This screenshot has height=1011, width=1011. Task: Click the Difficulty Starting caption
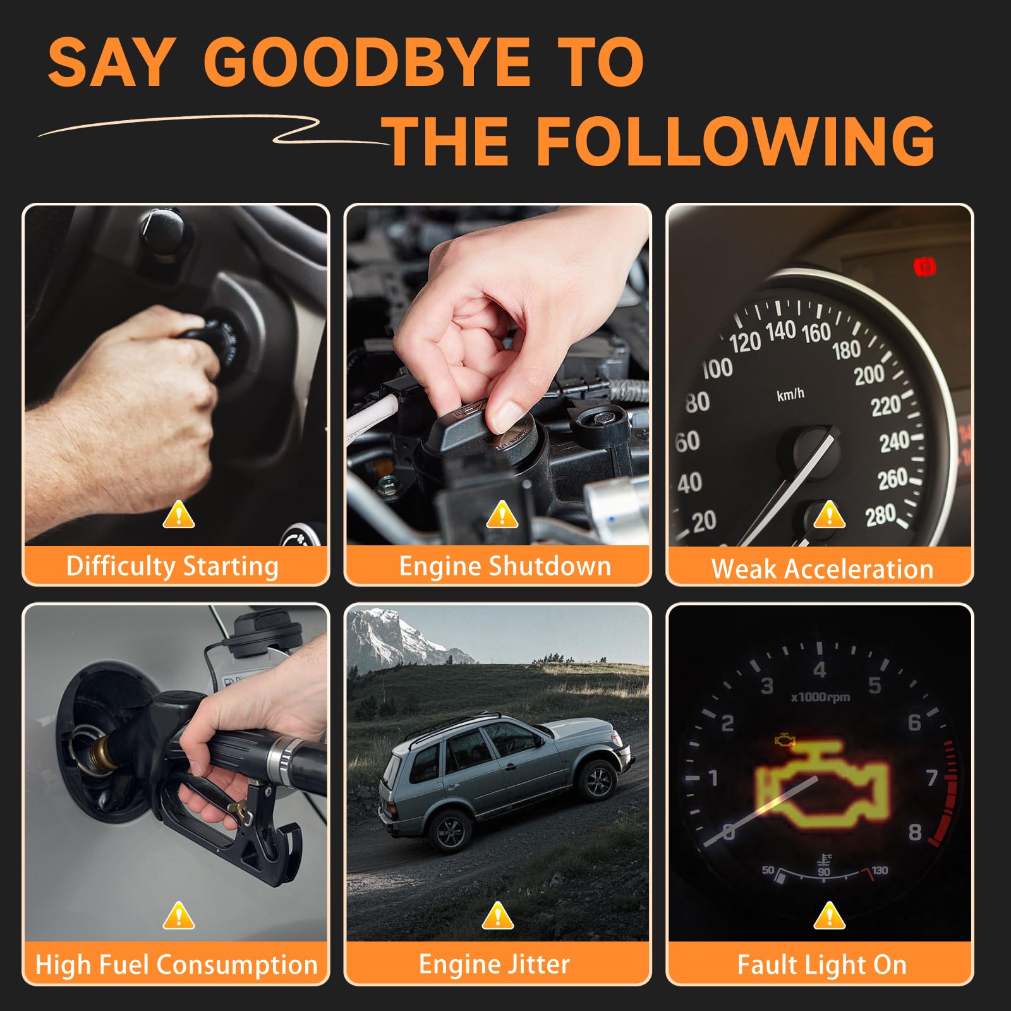click(x=173, y=566)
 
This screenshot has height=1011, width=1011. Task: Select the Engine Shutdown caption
click(x=505, y=566)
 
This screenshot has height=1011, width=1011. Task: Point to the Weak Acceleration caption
click(x=822, y=569)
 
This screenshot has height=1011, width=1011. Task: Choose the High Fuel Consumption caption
click(x=176, y=965)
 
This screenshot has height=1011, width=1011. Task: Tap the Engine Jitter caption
click(x=494, y=964)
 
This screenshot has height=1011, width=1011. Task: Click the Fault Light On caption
click(x=822, y=965)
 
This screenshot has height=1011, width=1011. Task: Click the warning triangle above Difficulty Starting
click(x=179, y=514)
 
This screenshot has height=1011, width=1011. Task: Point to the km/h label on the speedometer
click(x=790, y=394)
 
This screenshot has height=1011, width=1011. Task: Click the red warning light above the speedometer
click(x=925, y=267)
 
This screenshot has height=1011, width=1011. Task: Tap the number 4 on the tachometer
click(x=820, y=670)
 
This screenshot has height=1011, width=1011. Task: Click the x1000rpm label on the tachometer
click(x=820, y=698)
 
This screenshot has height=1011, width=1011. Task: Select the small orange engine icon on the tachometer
click(x=784, y=740)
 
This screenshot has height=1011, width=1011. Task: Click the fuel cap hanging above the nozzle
click(x=260, y=632)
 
